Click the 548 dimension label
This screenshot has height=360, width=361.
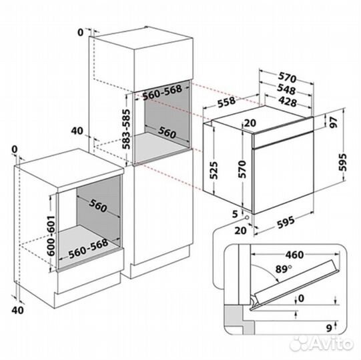pos(286,89)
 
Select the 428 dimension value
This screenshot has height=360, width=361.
pos(288,102)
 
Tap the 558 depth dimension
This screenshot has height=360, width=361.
pos(227,102)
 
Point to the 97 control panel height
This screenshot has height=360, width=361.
pos(333,122)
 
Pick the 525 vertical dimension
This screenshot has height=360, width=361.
pos(213,170)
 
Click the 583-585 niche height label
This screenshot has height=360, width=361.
pos(125,129)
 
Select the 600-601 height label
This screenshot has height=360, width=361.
pos(51,235)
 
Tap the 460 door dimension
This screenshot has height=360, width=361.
pos(294,255)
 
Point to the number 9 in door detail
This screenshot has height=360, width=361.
pos(330,328)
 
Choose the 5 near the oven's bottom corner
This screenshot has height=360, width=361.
pos(235,214)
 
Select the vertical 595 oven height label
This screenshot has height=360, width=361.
pos(342,162)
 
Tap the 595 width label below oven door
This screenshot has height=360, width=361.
pos(286,222)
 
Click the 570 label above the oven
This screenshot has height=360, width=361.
pos(287,77)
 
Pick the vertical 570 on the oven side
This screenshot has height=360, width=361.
pos(242,169)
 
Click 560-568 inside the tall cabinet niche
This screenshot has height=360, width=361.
pos(162,93)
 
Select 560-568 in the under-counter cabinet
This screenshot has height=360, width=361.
pos(88,249)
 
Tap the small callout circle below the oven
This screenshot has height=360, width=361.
pos(247,217)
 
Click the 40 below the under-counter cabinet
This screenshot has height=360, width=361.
pos(17,310)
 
